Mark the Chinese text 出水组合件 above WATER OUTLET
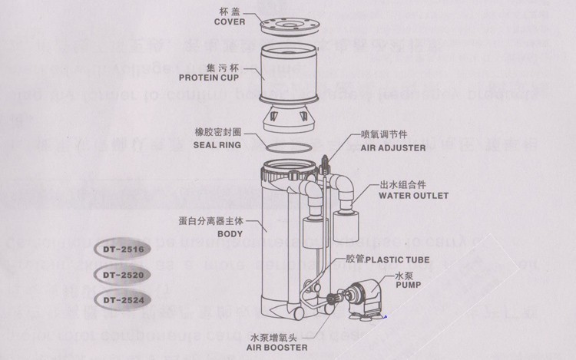[x=403, y=186]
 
